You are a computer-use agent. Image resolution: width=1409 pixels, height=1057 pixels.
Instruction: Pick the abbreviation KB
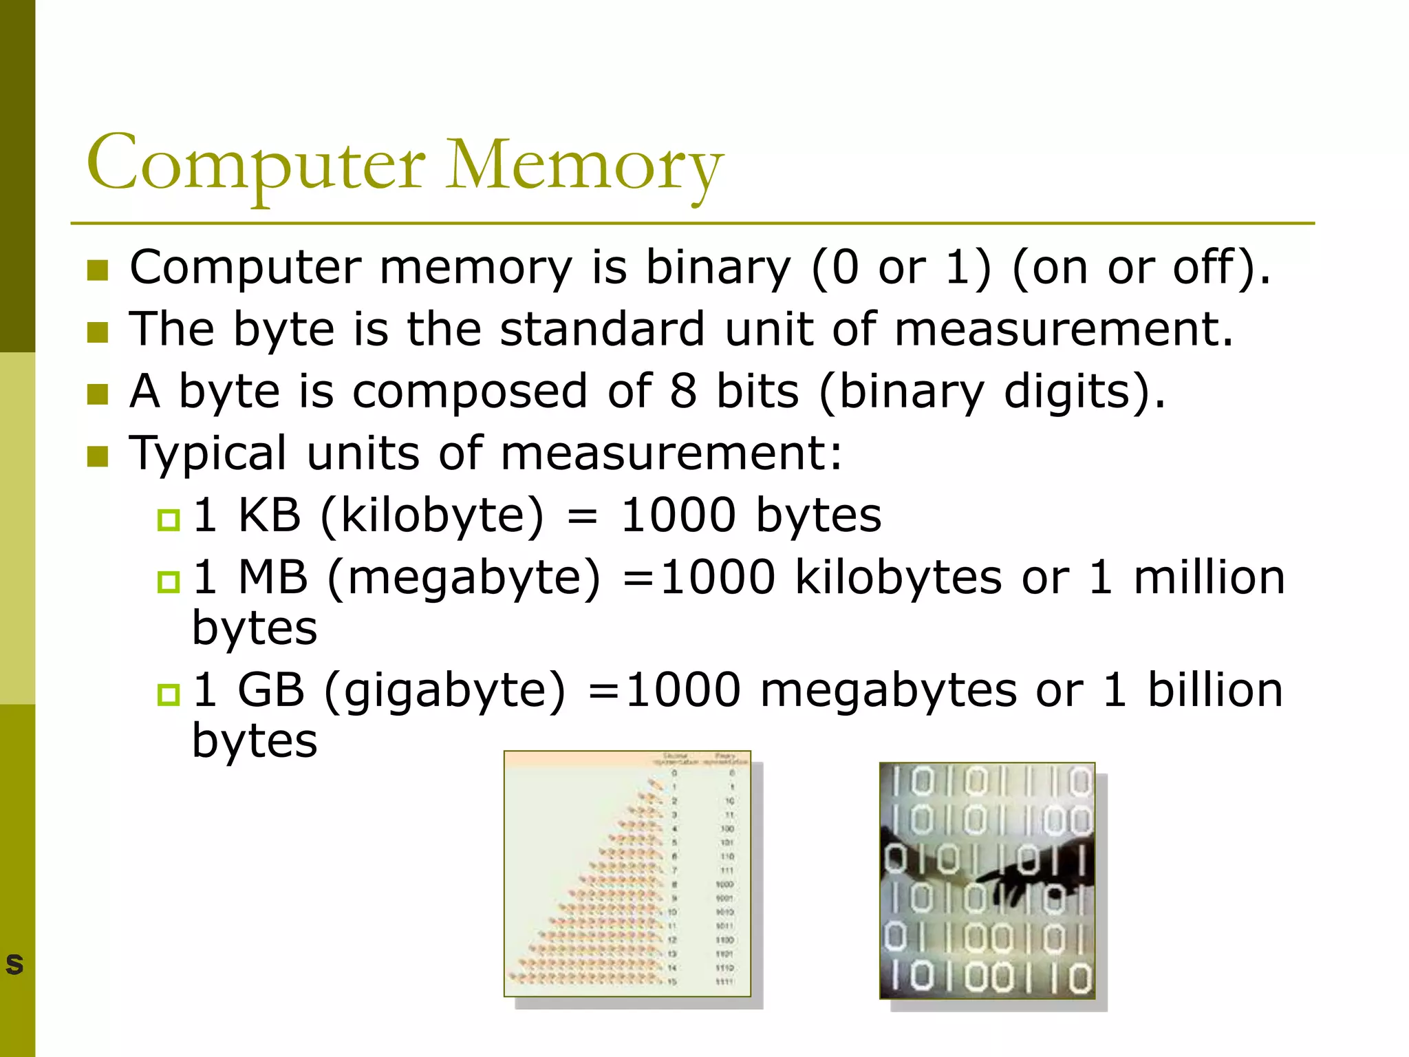click(x=269, y=515)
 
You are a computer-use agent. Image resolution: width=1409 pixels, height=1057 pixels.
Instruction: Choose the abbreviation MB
click(x=272, y=577)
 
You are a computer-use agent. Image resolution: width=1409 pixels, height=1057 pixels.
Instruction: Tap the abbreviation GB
click(x=270, y=690)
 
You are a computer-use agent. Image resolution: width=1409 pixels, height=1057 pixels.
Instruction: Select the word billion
click(x=1215, y=690)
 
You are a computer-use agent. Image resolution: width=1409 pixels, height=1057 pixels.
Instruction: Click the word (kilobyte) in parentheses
click(x=432, y=515)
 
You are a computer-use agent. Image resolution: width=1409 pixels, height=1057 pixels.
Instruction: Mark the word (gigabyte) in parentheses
click(x=444, y=692)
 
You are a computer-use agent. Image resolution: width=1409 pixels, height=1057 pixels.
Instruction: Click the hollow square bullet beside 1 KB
click(x=169, y=520)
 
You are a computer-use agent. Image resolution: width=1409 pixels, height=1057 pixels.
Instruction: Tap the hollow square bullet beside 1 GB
click(x=169, y=694)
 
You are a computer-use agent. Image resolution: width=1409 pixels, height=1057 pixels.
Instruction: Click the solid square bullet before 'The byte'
click(x=98, y=332)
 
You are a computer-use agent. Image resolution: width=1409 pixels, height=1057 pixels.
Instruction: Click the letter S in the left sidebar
click(x=14, y=964)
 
